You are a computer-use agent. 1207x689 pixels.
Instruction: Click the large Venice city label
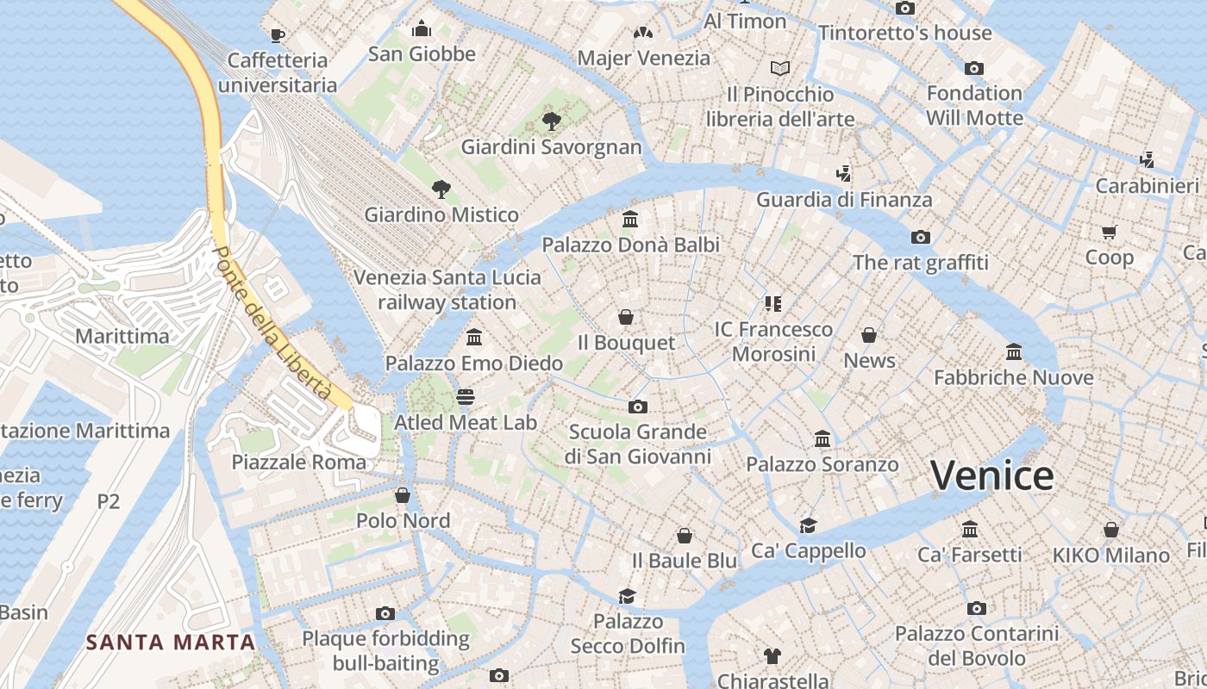[x=991, y=475]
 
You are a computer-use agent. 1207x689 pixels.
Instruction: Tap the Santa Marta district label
[x=172, y=642]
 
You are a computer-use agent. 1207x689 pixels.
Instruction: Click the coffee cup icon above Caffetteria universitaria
[x=277, y=35]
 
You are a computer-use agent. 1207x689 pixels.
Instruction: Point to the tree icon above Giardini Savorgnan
[x=551, y=121]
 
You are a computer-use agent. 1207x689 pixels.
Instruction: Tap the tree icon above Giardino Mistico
[x=441, y=189]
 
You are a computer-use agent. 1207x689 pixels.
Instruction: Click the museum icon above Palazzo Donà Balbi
[x=630, y=220]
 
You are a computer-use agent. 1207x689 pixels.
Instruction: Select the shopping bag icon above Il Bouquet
[x=626, y=317]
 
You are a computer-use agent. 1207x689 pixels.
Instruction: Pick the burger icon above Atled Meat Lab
[x=466, y=397]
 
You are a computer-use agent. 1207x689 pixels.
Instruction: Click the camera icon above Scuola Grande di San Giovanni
[x=638, y=407]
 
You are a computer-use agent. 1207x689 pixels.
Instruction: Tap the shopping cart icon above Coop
[x=1109, y=232]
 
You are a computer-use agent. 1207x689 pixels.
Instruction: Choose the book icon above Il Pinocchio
[x=780, y=68]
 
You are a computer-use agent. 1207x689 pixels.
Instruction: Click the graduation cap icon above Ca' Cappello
[x=808, y=525]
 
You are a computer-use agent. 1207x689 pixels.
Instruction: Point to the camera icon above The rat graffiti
[x=920, y=237]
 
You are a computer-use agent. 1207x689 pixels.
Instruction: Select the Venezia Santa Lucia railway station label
[x=447, y=290]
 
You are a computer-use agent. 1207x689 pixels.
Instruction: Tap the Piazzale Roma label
[x=298, y=462]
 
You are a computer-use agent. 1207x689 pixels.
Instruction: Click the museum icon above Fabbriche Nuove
[x=1014, y=351]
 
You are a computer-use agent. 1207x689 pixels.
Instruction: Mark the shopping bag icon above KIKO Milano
[x=1111, y=530]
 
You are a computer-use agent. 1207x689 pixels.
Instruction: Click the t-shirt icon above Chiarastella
[x=772, y=656]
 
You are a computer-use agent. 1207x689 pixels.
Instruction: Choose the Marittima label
[x=122, y=336]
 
